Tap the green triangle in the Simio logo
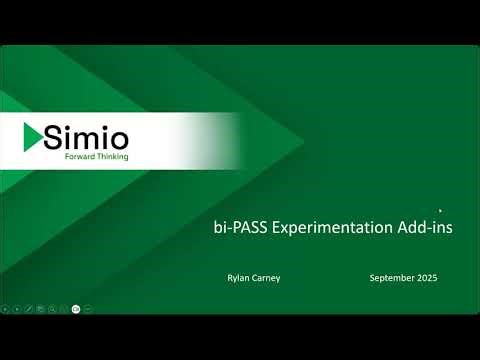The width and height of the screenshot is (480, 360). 33,138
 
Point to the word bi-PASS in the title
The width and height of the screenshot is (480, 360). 241,228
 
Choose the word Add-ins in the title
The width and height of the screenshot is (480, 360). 427,228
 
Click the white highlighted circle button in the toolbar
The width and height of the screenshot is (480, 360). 76,308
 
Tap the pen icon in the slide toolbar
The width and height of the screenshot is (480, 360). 28,308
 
